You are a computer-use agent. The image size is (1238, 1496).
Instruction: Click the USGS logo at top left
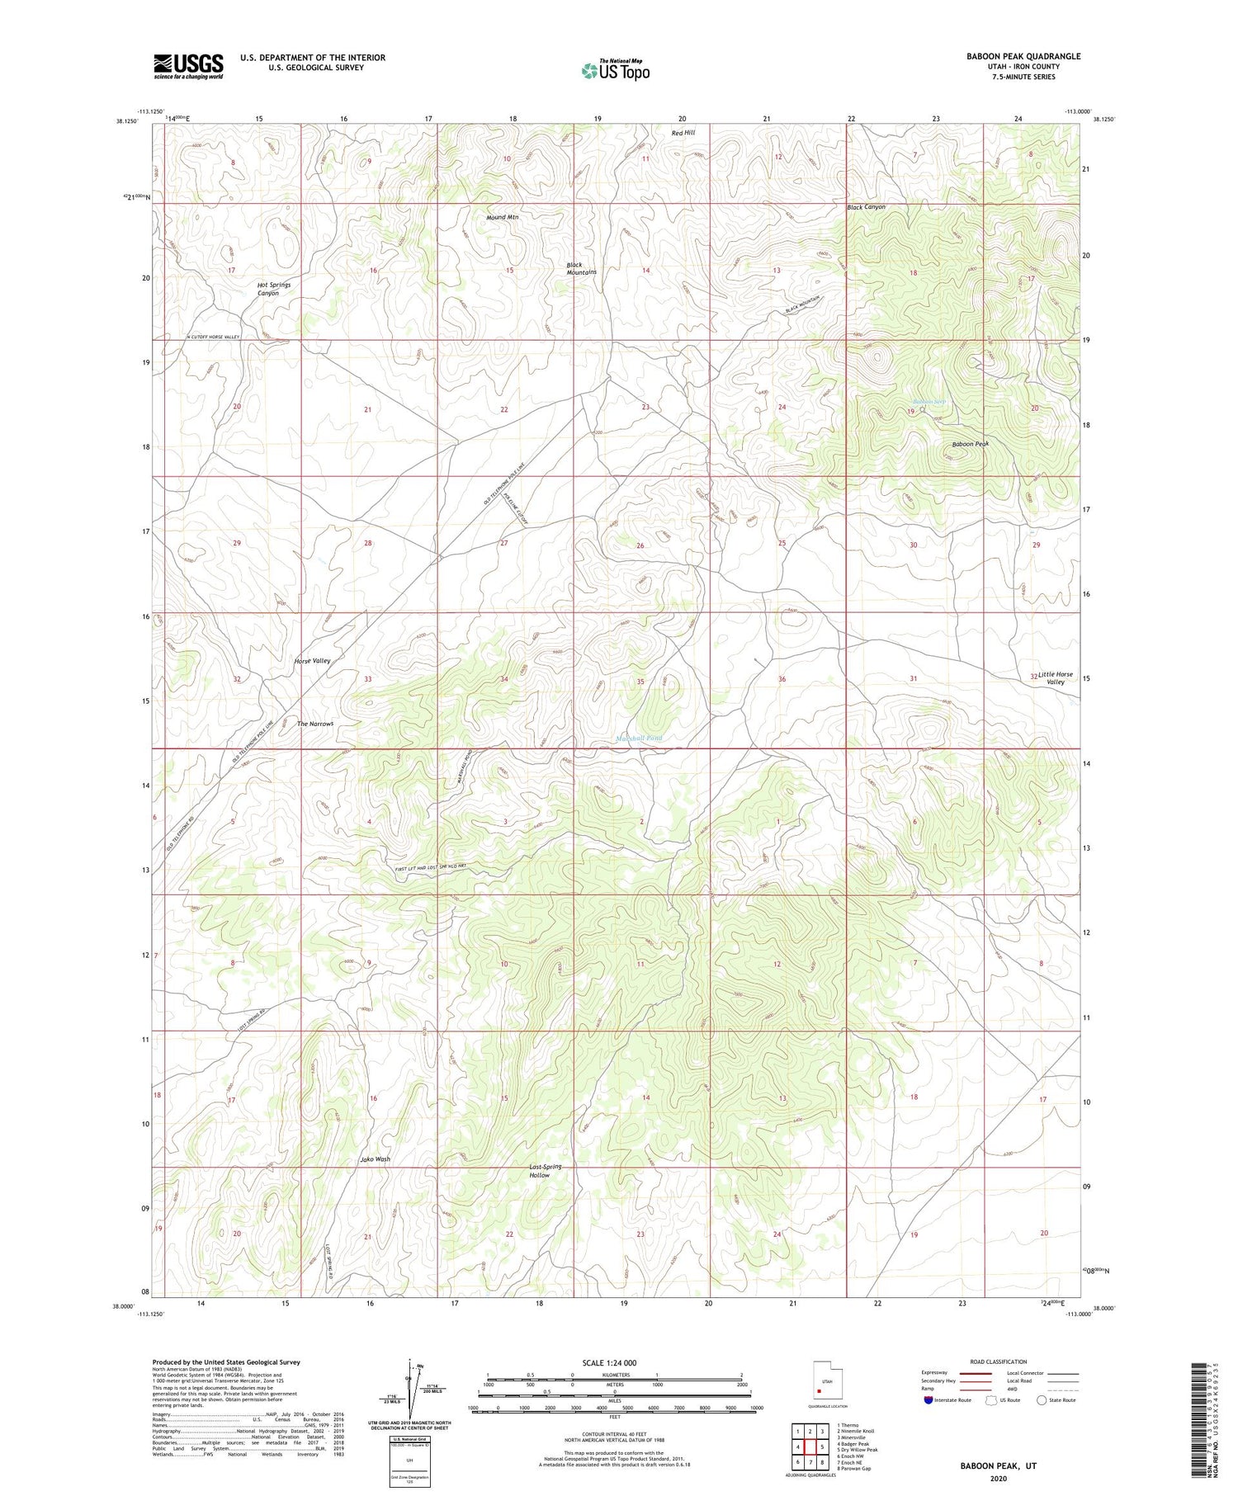[188, 66]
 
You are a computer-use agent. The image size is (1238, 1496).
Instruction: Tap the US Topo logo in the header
[615, 70]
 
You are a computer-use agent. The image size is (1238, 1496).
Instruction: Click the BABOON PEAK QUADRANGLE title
[1011, 56]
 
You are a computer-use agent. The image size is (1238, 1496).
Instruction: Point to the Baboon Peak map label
[970, 444]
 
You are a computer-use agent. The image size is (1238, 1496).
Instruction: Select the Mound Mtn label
[502, 217]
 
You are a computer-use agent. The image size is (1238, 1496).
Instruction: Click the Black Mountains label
[581, 268]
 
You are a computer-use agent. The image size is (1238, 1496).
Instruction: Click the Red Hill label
[683, 133]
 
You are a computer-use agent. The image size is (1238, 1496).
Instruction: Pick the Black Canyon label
[866, 207]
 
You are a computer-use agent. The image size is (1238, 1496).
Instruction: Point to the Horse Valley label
[312, 661]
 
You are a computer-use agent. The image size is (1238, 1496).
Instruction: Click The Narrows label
[315, 724]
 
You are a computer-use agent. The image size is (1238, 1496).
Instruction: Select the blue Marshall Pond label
[639, 738]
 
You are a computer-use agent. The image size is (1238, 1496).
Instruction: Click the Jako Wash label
[375, 1159]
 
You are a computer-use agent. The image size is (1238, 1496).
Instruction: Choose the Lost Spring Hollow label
[545, 1171]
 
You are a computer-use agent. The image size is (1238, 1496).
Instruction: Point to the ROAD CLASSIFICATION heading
[998, 1362]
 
